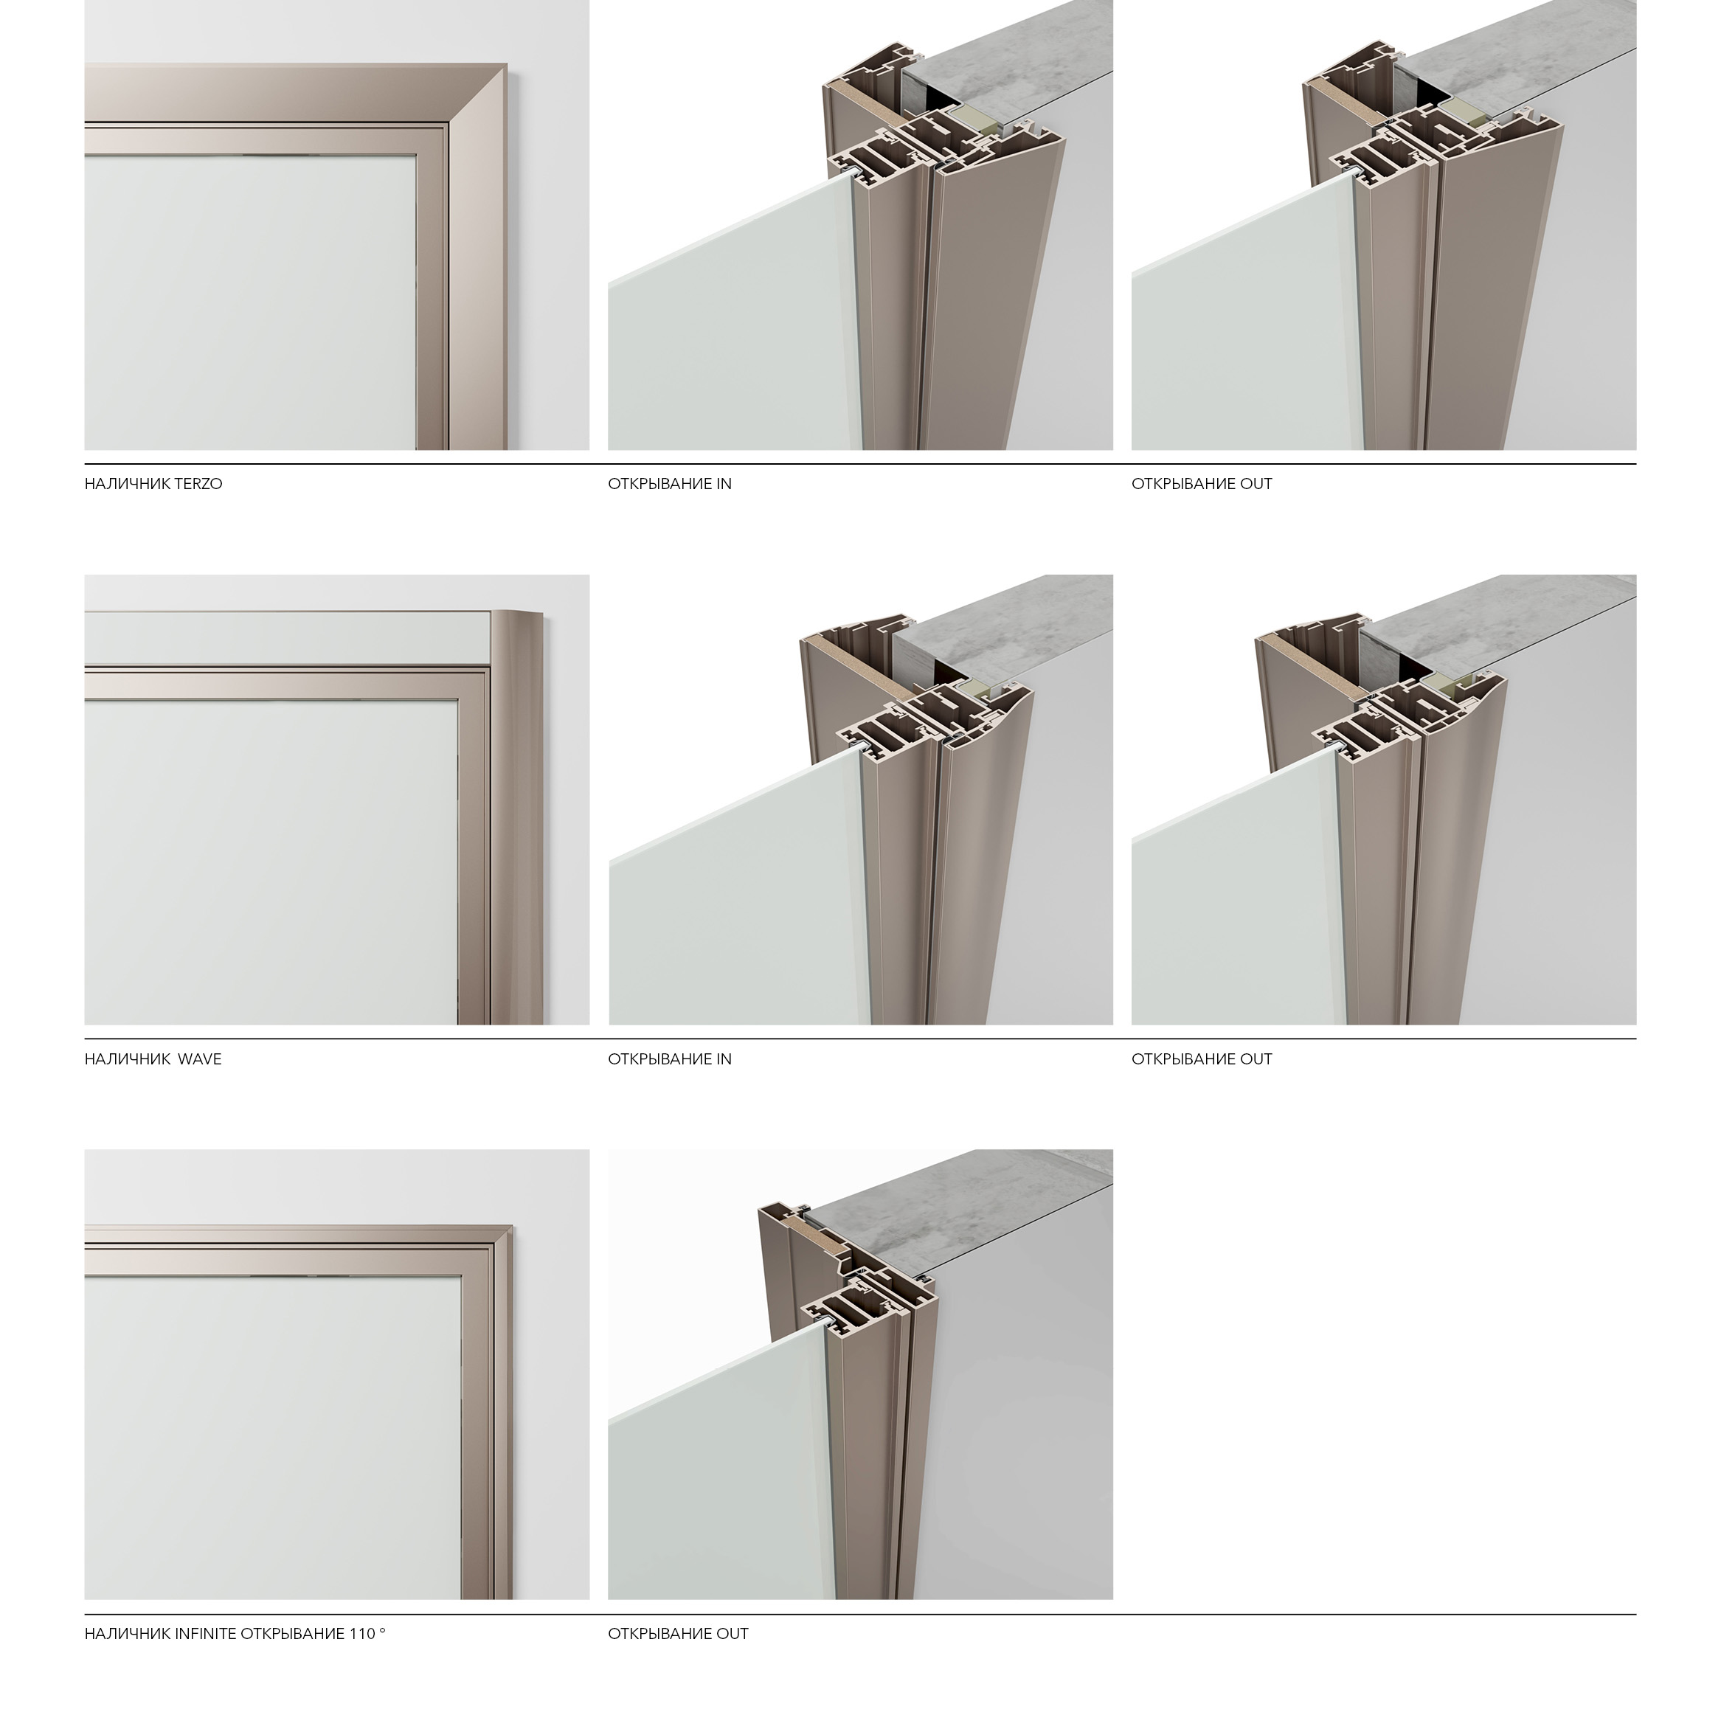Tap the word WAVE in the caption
coord(200,1059)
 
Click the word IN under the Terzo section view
coord(724,484)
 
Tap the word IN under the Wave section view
coord(724,1059)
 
